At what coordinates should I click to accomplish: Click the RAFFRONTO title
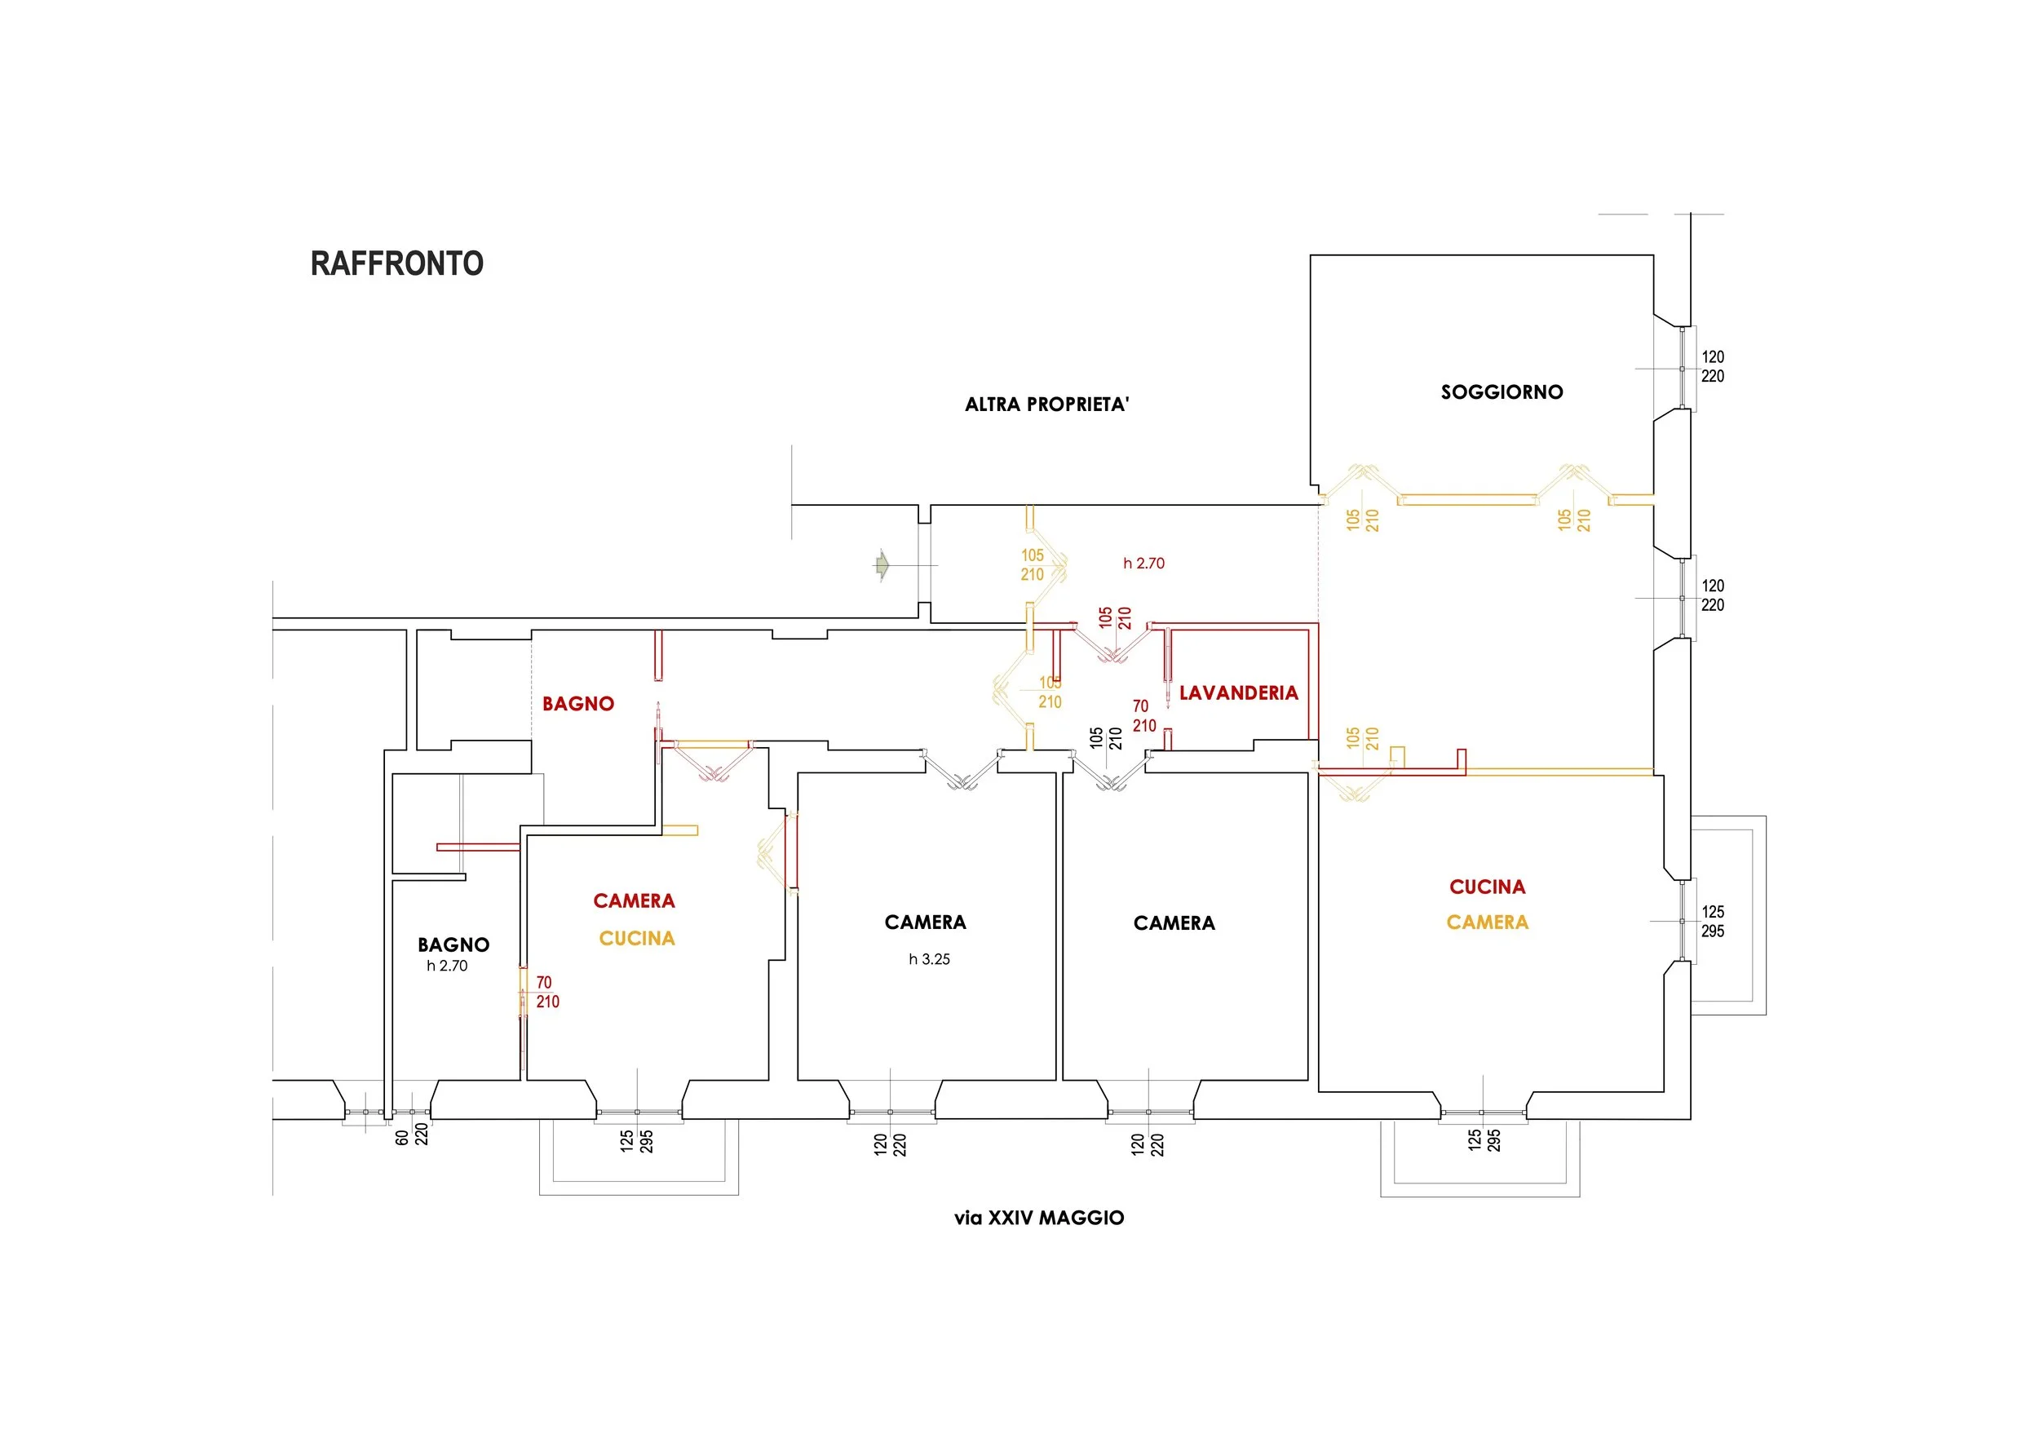pos(396,263)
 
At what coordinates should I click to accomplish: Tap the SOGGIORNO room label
pos(1501,392)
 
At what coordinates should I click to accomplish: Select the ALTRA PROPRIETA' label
pos(1046,405)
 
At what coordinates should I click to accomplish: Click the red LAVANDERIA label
pos(1238,693)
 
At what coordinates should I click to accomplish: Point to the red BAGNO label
pos(578,704)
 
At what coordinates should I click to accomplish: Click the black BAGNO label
pos(453,944)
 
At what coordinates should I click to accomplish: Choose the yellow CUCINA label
pos(637,939)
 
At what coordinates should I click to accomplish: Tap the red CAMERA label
pos(634,901)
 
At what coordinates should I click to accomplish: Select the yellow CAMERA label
pos(1487,922)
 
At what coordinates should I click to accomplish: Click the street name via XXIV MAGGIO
pos(1039,1219)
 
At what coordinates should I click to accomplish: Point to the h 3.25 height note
pos(929,959)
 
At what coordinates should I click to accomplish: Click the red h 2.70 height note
pos(1143,563)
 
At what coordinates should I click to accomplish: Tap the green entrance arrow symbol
pos(881,564)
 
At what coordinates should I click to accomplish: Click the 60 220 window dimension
pos(411,1135)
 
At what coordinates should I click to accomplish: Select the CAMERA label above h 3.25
pos(924,922)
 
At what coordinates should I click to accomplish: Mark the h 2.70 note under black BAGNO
pos(447,966)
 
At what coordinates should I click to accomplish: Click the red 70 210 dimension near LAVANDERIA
pos(1143,715)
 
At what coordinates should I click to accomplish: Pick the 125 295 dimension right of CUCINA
pos(1712,922)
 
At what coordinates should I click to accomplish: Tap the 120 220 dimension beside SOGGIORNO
pos(1712,367)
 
